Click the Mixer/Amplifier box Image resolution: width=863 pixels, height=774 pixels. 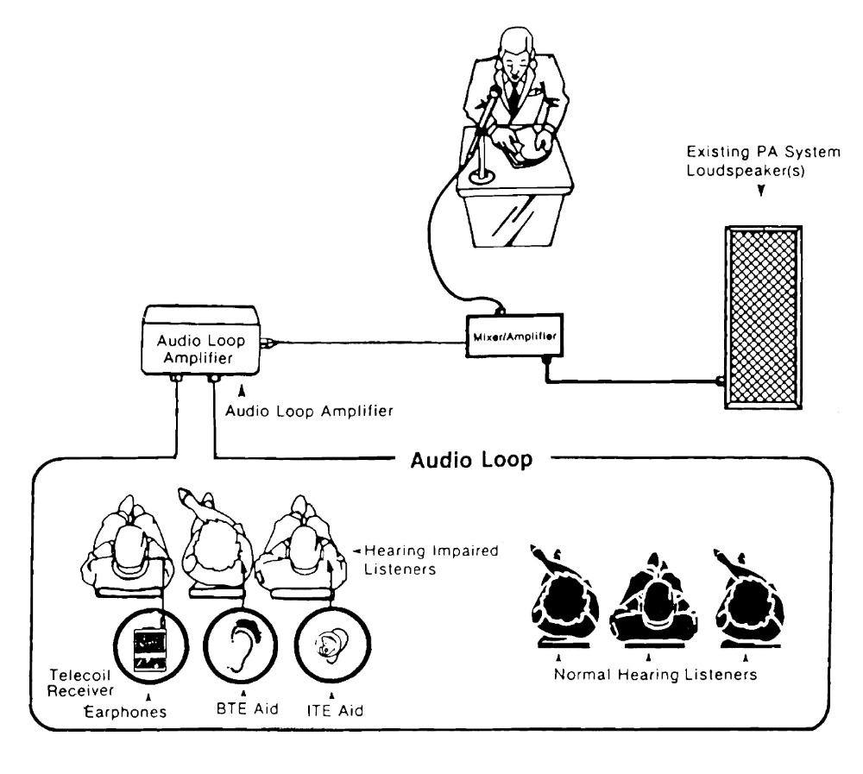pyautogui.click(x=514, y=336)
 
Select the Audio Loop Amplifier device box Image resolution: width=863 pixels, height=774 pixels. pyautogui.click(x=200, y=341)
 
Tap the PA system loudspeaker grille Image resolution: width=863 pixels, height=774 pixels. pyautogui.click(x=763, y=317)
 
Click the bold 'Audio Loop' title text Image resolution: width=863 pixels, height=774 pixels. pyautogui.click(x=472, y=460)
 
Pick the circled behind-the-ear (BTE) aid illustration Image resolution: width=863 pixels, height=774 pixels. pyautogui.click(x=241, y=645)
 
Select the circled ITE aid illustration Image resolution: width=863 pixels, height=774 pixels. pyautogui.click(x=332, y=644)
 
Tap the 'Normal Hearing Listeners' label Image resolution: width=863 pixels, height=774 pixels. pyautogui.click(x=655, y=675)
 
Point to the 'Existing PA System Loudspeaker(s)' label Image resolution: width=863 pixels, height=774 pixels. pyautogui.click(x=763, y=160)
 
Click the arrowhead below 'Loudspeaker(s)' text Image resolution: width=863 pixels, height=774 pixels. pyautogui.click(x=761, y=191)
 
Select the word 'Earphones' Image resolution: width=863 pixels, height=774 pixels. pyautogui.click(x=125, y=712)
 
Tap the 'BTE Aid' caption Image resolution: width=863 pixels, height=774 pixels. pyautogui.click(x=247, y=708)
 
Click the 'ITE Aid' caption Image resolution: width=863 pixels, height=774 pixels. pyautogui.click(x=335, y=711)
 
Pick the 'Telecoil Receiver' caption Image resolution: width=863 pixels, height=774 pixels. pyautogui.click(x=80, y=683)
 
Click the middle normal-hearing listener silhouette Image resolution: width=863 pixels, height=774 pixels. pyautogui.click(x=652, y=601)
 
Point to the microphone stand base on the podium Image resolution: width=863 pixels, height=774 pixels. pyautogui.click(x=482, y=177)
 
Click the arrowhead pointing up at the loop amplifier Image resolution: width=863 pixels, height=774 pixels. pyautogui.click(x=241, y=391)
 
